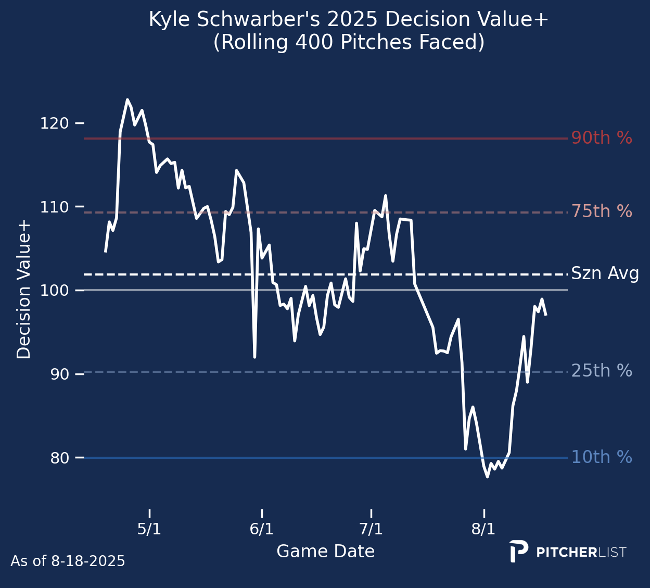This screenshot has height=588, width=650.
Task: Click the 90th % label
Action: click(x=602, y=139)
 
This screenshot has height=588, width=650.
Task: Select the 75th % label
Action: click(x=602, y=212)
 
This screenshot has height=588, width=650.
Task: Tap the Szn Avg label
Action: click(x=605, y=274)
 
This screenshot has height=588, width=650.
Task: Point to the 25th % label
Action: click(x=602, y=371)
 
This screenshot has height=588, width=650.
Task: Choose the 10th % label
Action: click(x=602, y=458)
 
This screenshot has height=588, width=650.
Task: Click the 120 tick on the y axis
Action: click(x=54, y=123)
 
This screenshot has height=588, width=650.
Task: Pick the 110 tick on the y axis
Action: click(x=54, y=207)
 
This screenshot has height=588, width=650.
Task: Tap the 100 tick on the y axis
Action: click(x=54, y=291)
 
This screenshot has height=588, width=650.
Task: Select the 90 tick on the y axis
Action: click(x=60, y=374)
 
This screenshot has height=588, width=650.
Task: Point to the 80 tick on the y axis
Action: click(x=60, y=458)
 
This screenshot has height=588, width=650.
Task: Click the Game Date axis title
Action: click(x=325, y=552)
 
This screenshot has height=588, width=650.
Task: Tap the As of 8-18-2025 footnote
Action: click(x=68, y=561)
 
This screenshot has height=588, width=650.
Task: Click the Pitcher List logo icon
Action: click(x=518, y=551)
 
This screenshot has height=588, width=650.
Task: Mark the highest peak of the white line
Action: click(x=127, y=99)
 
